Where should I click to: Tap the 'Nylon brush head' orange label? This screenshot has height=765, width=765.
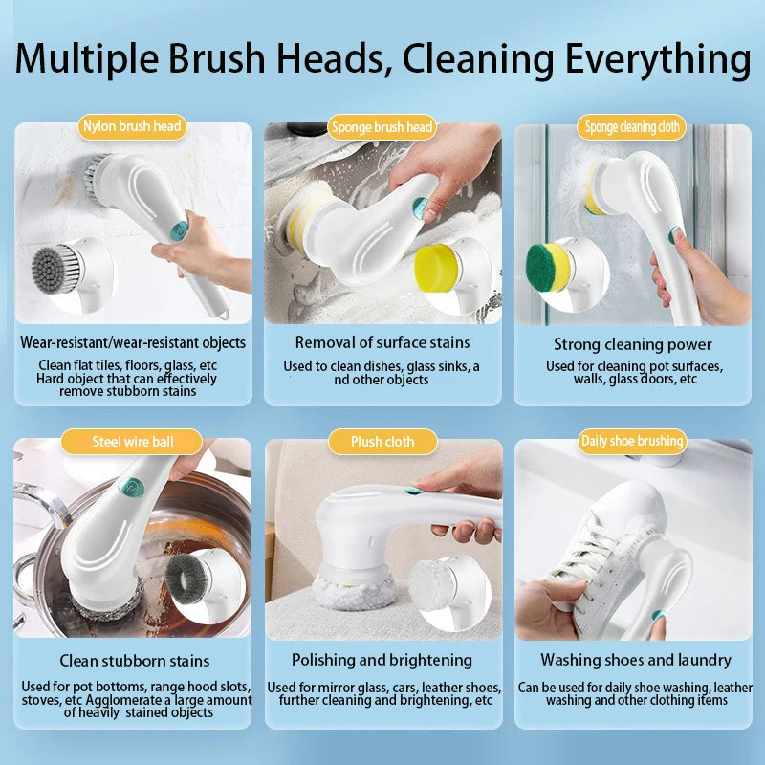[x=132, y=125]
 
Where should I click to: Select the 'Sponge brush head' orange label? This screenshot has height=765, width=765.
[x=382, y=127]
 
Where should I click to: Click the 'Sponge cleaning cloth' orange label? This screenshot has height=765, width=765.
[x=632, y=127]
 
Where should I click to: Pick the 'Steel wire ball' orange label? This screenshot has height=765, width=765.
[x=132, y=442]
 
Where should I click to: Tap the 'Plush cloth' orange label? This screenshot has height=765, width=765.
[x=382, y=442]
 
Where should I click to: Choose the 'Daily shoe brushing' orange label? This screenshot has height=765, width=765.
[x=632, y=441]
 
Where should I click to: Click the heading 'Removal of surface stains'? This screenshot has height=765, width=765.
[x=382, y=342]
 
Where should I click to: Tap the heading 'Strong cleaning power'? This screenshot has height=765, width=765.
[x=633, y=344]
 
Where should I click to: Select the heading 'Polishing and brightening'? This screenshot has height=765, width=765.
[x=382, y=660]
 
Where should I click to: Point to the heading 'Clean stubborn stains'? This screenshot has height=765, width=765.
[x=134, y=660]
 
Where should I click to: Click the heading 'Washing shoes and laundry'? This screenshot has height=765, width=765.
[x=635, y=660]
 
